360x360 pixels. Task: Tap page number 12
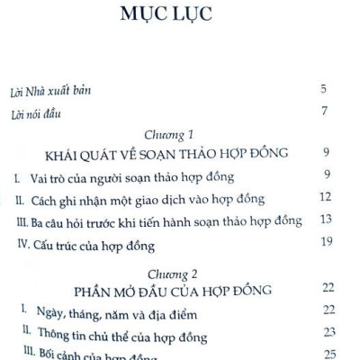point(326,196)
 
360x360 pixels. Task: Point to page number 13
point(326,219)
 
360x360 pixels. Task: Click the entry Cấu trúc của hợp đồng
point(94,243)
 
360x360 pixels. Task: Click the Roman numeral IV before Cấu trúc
point(21,243)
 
